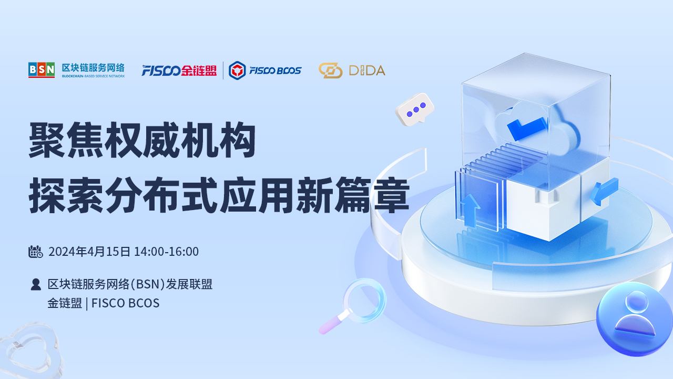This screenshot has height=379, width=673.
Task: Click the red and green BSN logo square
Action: click(42, 70)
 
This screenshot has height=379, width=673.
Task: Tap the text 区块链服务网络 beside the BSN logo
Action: click(93, 68)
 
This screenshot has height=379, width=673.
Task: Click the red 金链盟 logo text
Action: click(199, 71)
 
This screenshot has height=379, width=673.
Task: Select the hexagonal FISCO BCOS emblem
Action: click(237, 71)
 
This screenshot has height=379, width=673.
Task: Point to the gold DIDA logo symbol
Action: click(331, 71)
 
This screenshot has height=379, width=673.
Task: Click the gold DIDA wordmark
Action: click(367, 71)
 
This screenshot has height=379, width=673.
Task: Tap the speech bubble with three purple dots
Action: click(415, 109)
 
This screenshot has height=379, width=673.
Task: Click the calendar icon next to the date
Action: click(35, 252)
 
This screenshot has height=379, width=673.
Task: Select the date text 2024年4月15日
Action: click(89, 252)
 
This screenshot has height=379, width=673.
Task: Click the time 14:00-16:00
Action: click(166, 252)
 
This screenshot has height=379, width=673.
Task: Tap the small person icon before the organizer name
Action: click(36, 284)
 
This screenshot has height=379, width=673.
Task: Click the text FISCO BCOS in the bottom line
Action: click(125, 303)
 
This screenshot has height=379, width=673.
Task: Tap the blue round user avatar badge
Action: click(634, 319)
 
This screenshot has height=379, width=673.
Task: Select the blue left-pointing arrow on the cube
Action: click(604, 192)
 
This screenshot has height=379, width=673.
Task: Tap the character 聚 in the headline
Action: click(47, 140)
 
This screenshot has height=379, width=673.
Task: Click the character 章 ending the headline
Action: click(392, 195)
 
